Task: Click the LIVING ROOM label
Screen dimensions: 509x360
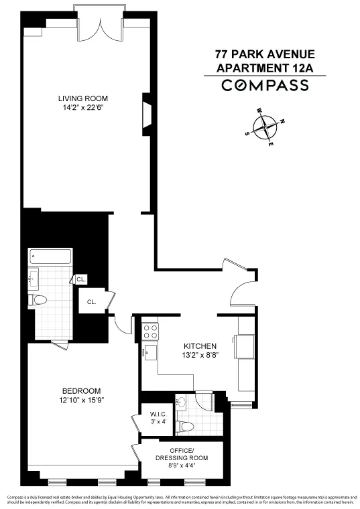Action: tap(82, 98)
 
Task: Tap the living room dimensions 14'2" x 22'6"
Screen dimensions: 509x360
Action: tap(82, 107)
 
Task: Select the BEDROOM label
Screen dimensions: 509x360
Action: tap(81, 391)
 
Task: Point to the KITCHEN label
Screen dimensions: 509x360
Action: tap(200, 346)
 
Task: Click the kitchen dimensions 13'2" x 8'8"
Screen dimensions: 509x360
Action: tap(200, 356)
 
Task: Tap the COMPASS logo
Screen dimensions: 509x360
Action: tap(265, 85)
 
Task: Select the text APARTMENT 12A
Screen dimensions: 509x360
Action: tap(265, 67)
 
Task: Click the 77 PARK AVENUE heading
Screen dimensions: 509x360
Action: tap(265, 54)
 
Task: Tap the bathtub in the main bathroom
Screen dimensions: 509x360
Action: tap(50, 257)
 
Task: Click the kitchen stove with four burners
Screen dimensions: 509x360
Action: tap(150, 330)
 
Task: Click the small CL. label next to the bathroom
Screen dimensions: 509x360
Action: tap(80, 279)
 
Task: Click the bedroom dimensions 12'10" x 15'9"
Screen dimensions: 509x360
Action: tap(81, 401)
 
